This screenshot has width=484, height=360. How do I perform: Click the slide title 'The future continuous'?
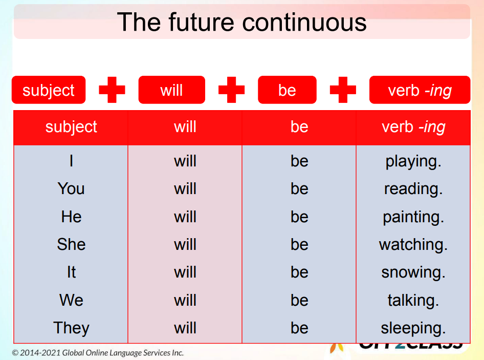pyautogui.click(x=241, y=22)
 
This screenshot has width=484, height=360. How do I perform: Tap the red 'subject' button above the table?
pyautogui.click(x=49, y=90)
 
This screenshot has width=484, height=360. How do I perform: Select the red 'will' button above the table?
pyautogui.click(x=171, y=90)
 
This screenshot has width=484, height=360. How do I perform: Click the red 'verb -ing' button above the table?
pyautogui.click(x=420, y=90)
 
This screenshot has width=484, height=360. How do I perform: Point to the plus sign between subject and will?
pyautogui.click(x=112, y=90)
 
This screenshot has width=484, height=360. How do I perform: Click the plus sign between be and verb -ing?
pyautogui.click(x=343, y=90)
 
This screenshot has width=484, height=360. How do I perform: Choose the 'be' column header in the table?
pyautogui.click(x=299, y=127)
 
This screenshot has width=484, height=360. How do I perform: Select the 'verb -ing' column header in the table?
pyautogui.click(x=413, y=127)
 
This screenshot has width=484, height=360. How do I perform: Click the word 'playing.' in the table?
pyautogui.click(x=413, y=161)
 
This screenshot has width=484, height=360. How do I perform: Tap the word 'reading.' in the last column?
pyautogui.click(x=413, y=189)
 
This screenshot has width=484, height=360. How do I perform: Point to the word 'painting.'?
pyautogui.click(x=413, y=217)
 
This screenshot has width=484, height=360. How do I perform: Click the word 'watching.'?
pyautogui.click(x=413, y=245)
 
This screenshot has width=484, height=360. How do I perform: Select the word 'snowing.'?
pyautogui.click(x=413, y=272)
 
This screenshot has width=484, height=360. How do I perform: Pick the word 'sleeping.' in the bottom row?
pyautogui.click(x=413, y=328)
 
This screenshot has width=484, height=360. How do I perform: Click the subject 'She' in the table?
pyautogui.click(x=71, y=245)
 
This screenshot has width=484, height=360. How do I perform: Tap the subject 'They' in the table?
pyautogui.click(x=71, y=328)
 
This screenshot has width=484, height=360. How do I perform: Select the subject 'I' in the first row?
pyautogui.click(x=71, y=161)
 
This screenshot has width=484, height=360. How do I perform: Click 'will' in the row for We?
pyautogui.click(x=185, y=300)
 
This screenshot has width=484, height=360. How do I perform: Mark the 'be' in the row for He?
pyautogui.click(x=299, y=217)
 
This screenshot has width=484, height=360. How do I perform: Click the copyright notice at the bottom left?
pyautogui.click(x=98, y=353)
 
